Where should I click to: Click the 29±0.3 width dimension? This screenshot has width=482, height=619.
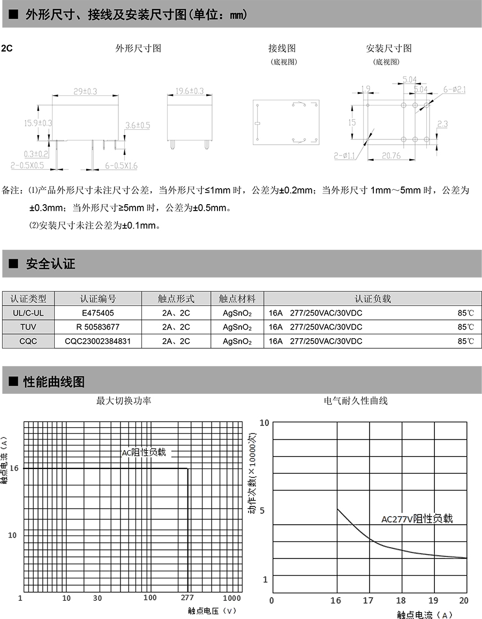coord(85,92)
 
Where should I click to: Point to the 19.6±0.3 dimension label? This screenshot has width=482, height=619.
coord(190,92)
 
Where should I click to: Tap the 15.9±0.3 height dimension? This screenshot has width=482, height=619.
coord(37,123)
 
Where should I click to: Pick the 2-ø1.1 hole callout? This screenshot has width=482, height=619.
coord(345,156)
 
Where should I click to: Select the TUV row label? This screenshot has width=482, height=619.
coord(28,326)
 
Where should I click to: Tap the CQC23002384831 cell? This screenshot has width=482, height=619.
coord(97,340)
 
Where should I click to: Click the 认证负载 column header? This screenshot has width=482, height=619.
coord(373,299)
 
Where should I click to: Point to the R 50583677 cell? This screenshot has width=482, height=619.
coord(97,326)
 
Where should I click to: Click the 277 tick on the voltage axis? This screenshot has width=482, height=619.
coord(187,598)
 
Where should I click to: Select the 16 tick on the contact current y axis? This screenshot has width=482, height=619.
coord(14,468)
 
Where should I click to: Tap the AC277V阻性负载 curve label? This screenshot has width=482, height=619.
coord(417,518)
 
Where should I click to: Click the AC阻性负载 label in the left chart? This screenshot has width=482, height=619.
coord(144,452)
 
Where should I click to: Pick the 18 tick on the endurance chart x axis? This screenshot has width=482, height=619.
coord(401,600)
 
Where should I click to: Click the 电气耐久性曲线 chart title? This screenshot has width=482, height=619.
coord(356,400)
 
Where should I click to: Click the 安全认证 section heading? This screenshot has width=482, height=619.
coord(50,264)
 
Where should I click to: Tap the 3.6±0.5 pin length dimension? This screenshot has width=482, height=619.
coord(138,125)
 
